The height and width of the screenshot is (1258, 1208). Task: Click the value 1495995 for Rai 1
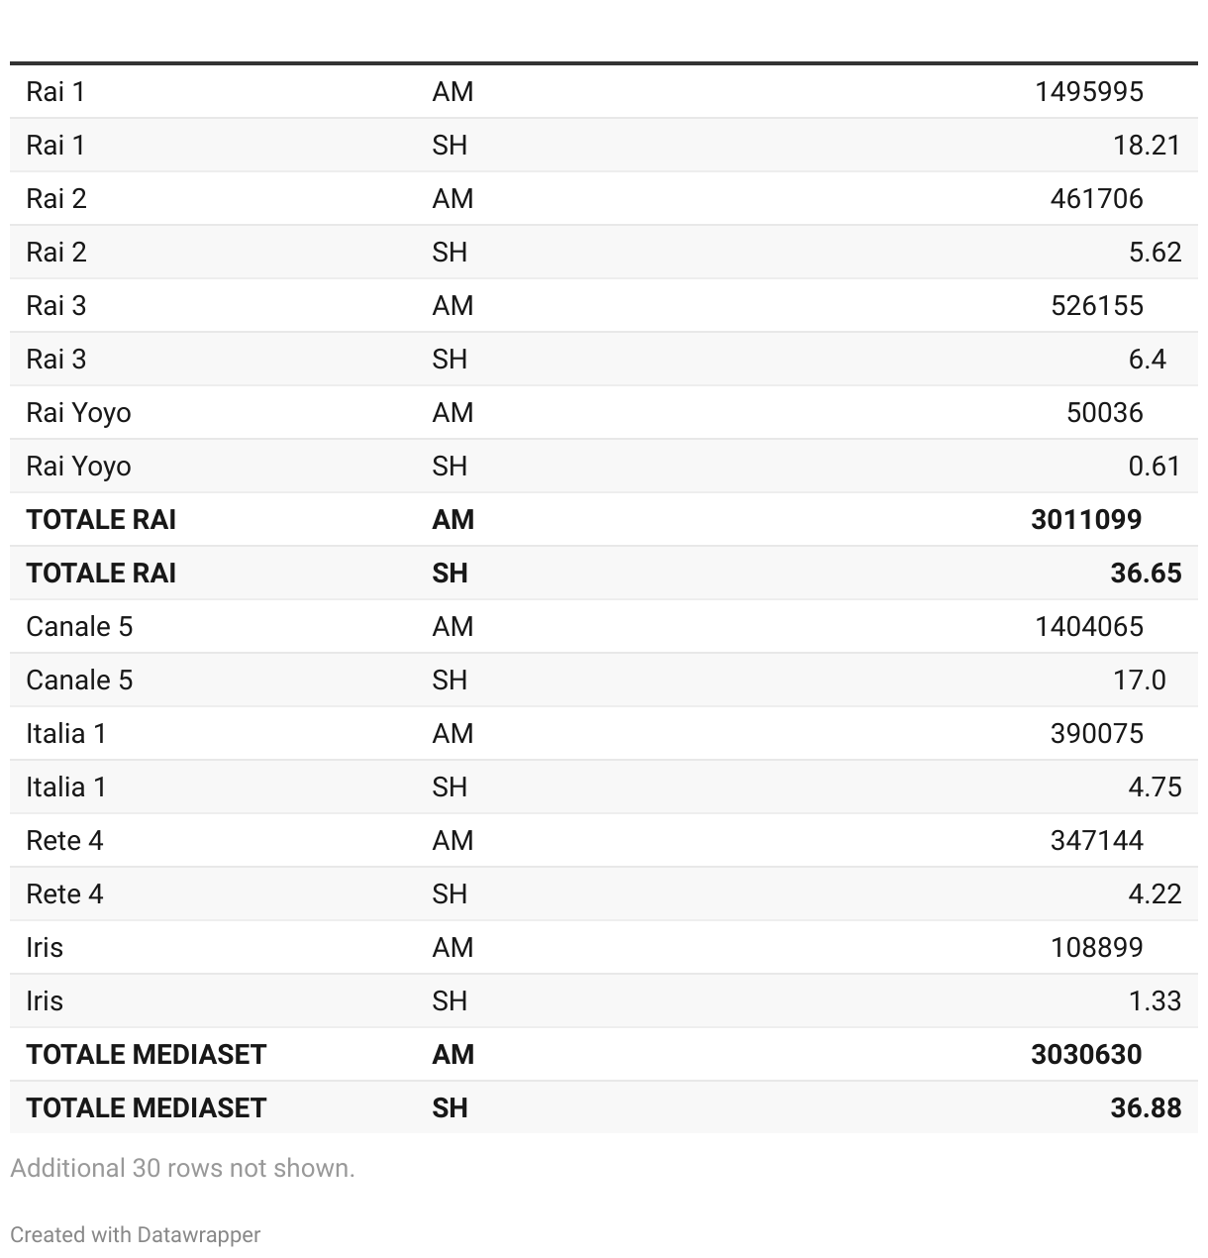tap(1088, 92)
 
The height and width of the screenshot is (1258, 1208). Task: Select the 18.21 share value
tap(1147, 146)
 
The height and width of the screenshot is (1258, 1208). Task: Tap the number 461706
tap(1096, 199)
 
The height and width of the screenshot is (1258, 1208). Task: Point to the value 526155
tap(1096, 306)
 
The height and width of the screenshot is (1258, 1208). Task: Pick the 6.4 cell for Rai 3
tap(1147, 360)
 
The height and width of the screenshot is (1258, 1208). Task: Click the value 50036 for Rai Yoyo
tap(1104, 413)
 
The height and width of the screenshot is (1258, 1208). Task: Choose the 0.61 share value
tap(1154, 467)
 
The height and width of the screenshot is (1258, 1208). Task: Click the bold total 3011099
tap(1086, 520)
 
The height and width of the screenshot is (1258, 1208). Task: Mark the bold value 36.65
tap(1146, 574)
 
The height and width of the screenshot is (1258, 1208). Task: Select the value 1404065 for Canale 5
tap(1088, 627)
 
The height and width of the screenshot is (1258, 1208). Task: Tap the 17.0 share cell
tap(1139, 681)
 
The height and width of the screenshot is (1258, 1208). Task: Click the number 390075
tap(1096, 734)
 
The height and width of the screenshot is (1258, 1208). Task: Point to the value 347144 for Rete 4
tap(1096, 841)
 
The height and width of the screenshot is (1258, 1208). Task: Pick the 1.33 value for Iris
tap(1155, 1001)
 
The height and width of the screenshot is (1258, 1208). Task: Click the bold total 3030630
tap(1086, 1055)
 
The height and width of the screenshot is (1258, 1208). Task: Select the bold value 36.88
tap(1146, 1108)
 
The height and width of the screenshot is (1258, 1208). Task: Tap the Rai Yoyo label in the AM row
tap(78, 413)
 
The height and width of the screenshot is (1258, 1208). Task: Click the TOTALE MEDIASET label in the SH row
tap(146, 1108)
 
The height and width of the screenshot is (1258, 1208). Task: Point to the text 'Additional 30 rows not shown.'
tap(182, 1169)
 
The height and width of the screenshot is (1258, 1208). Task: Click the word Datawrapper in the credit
tap(198, 1235)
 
